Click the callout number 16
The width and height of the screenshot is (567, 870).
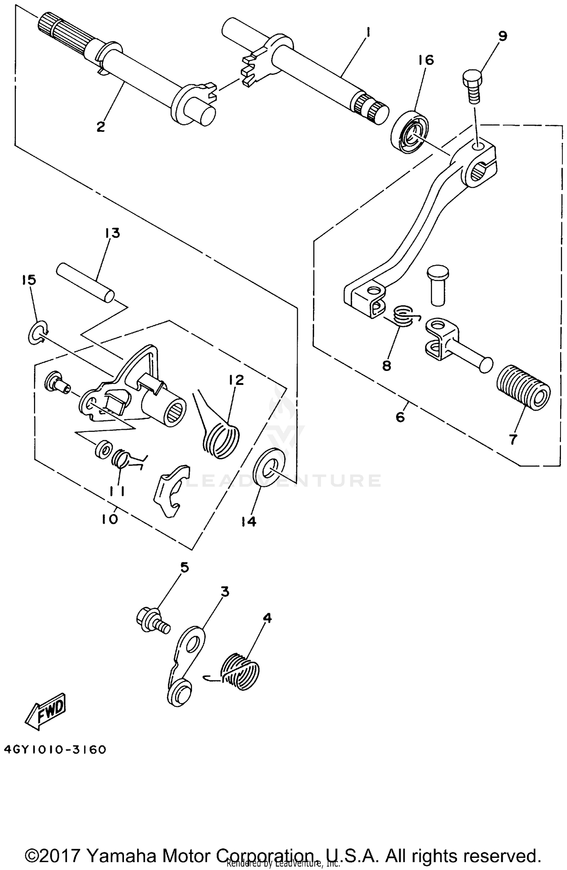pyautogui.click(x=426, y=60)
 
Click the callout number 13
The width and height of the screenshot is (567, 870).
pyautogui.click(x=113, y=233)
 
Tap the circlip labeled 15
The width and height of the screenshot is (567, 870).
pyautogui.click(x=38, y=332)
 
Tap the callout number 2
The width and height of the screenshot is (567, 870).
pyautogui.click(x=101, y=127)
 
